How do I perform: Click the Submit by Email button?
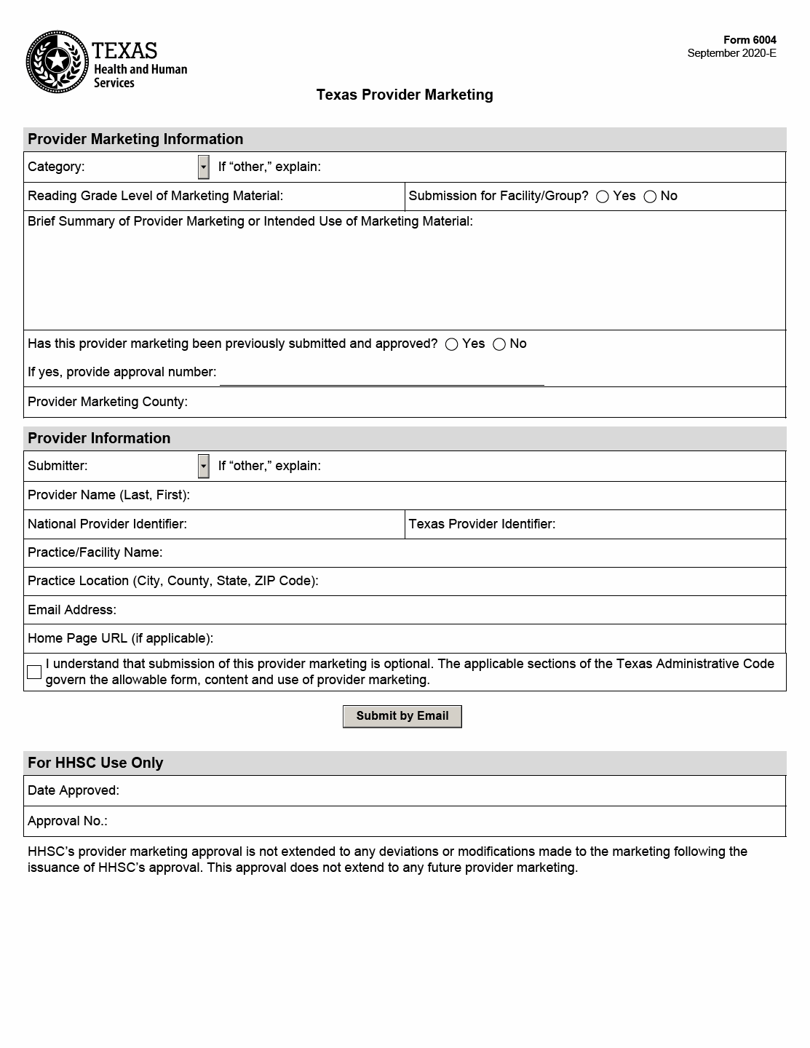point(402,716)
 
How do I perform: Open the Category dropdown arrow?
point(204,167)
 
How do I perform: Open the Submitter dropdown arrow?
point(204,466)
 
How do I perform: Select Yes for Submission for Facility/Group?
point(603,196)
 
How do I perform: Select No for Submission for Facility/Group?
point(650,196)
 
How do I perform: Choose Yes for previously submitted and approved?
point(452,344)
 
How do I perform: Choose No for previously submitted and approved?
point(499,344)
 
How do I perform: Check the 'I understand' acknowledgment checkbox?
point(34,672)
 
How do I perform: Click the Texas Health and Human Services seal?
point(57,62)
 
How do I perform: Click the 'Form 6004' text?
point(750,40)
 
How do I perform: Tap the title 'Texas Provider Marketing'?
point(405,95)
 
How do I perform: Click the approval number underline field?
point(381,375)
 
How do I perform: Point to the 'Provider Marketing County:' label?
point(108,402)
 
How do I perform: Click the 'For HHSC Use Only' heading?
point(95,763)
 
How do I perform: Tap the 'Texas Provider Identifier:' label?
point(482,524)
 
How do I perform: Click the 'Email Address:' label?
point(72,610)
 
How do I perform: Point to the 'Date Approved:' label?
point(74,790)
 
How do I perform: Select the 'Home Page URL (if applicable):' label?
point(120,638)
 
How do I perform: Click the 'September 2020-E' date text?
point(731,53)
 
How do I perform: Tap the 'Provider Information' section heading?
point(99,438)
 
